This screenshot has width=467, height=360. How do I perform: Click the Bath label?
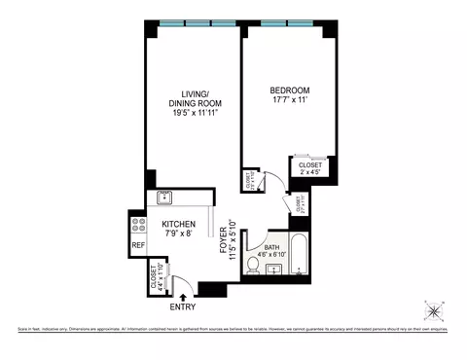coord(276,248)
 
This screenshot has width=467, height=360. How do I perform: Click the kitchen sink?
coord(164,197)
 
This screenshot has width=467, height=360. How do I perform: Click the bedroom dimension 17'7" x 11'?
coord(289,101)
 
